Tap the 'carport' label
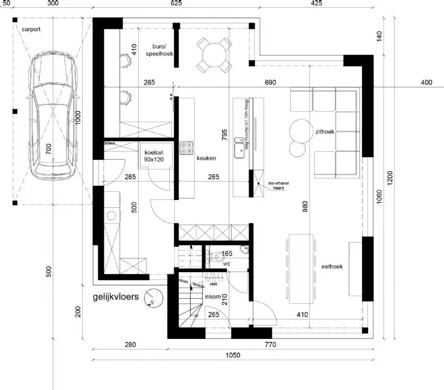point(31,28)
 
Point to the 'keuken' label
point(206,158)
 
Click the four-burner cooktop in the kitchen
point(186,148)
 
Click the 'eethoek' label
point(332,267)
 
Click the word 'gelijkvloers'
point(115,297)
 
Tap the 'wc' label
point(226,264)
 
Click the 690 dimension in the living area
point(270,83)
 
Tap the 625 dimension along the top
point(176,3)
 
